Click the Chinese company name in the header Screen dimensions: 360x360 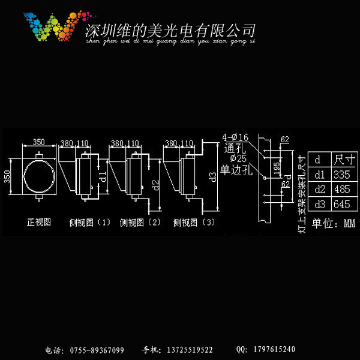(x=171, y=30)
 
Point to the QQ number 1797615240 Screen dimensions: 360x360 (x=272, y=350)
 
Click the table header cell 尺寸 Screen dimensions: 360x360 (x=344, y=160)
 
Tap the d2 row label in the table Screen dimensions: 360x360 (x=319, y=190)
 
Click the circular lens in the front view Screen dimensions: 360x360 (x=39, y=176)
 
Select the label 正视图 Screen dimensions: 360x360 (x=39, y=222)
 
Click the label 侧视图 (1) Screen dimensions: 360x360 (x=90, y=223)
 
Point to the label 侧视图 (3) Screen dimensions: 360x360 (x=194, y=223)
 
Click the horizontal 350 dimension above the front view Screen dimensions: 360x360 (x=38, y=142)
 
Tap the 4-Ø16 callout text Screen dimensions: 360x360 (x=235, y=139)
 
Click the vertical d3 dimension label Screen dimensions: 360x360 (x=212, y=176)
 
